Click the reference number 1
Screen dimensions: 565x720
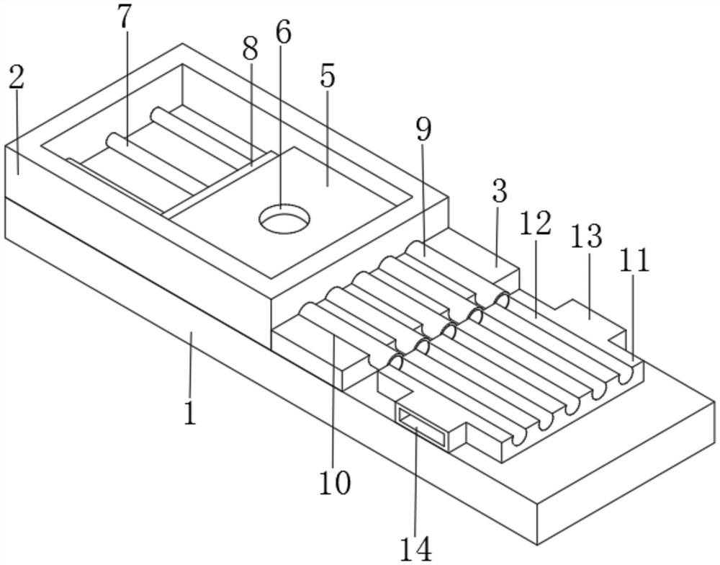pyautogui.click(x=189, y=413)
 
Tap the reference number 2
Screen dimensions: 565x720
pyautogui.click(x=17, y=78)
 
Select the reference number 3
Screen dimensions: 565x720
pyautogui.click(x=499, y=192)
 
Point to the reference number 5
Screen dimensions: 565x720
pyautogui.click(x=328, y=76)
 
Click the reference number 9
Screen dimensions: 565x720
pyautogui.click(x=423, y=129)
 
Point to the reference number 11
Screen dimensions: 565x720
pyautogui.click(x=634, y=260)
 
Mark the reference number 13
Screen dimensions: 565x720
pyautogui.click(x=585, y=236)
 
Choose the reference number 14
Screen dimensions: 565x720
pyautogui.click(x=416, y=548)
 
